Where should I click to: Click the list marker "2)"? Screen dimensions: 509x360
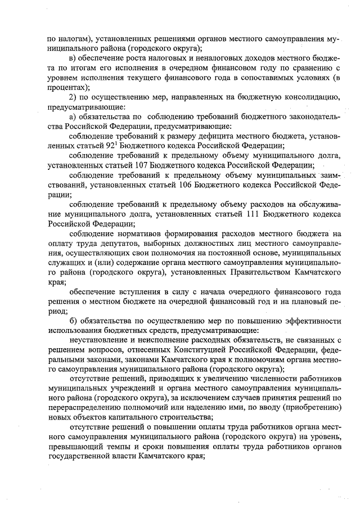tap(73, 97)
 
